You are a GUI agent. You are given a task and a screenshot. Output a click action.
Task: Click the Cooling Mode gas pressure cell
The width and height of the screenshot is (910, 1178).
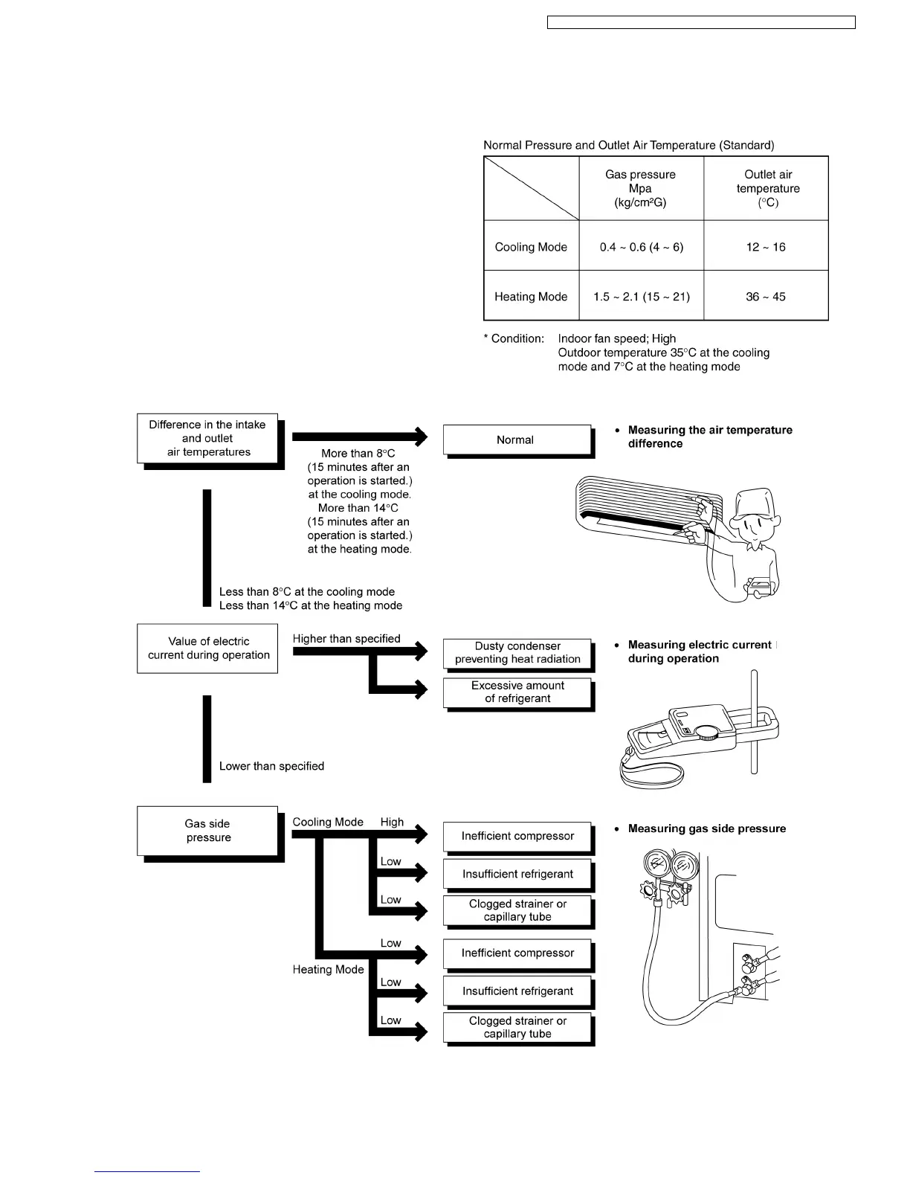pos(641,247)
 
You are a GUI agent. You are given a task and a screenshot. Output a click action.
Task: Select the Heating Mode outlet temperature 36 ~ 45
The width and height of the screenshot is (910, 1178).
pos(766,297)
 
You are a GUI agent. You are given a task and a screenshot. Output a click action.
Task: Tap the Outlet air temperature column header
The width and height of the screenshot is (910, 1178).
pos(767,188)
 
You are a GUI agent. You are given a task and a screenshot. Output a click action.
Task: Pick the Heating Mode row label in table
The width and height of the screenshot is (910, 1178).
pos(531,297)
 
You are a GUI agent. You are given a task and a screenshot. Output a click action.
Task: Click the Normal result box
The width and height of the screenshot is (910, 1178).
pos(516,440)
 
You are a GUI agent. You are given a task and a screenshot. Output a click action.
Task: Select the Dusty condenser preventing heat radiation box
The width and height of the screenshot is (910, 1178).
pos(517,653)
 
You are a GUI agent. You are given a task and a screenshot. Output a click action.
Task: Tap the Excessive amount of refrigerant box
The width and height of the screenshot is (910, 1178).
pos(517,692)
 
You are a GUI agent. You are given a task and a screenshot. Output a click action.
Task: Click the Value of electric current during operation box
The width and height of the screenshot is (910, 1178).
pos(207,648)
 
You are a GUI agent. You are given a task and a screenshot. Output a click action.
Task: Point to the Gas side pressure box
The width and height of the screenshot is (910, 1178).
pos(207,831)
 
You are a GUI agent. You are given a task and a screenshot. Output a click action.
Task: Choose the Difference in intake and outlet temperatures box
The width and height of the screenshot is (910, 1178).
pos(207,439)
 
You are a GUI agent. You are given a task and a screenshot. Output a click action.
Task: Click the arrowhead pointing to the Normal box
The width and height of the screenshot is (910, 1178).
pos(422,437)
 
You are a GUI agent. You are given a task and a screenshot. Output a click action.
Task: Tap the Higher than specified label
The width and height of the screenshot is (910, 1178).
pos(346,639)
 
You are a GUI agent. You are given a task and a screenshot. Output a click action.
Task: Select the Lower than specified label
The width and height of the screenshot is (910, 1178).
pos(271,766)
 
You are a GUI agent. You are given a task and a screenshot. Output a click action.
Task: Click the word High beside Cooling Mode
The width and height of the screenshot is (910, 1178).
pos(392,822)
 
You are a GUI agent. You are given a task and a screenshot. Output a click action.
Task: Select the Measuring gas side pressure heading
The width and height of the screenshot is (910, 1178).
pos(706,828)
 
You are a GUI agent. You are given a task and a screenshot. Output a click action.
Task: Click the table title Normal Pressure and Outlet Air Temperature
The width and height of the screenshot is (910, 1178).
pos(628,145)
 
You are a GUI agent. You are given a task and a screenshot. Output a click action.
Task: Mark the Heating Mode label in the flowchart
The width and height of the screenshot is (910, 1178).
pos(328,970)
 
